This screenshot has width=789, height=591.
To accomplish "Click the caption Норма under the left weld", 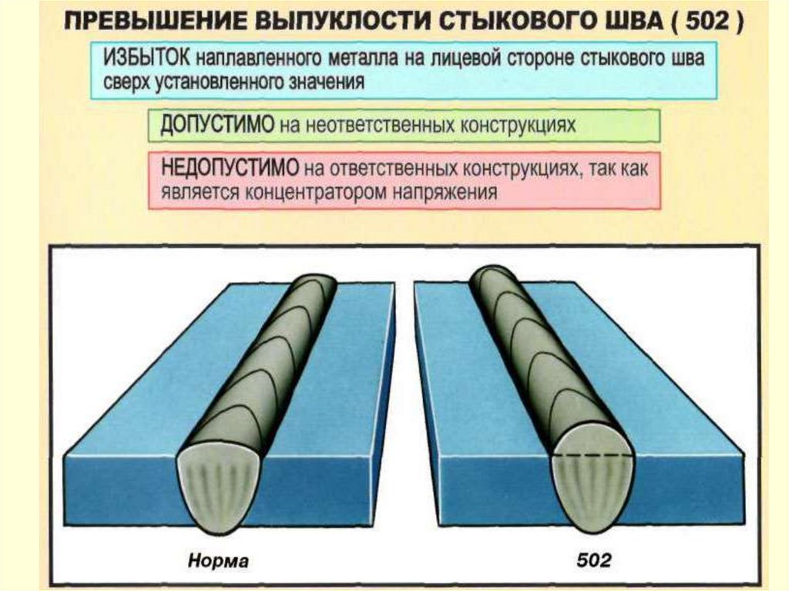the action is click(x=218, y=561).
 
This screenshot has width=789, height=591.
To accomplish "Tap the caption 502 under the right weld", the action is click(x=593, y=561).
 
